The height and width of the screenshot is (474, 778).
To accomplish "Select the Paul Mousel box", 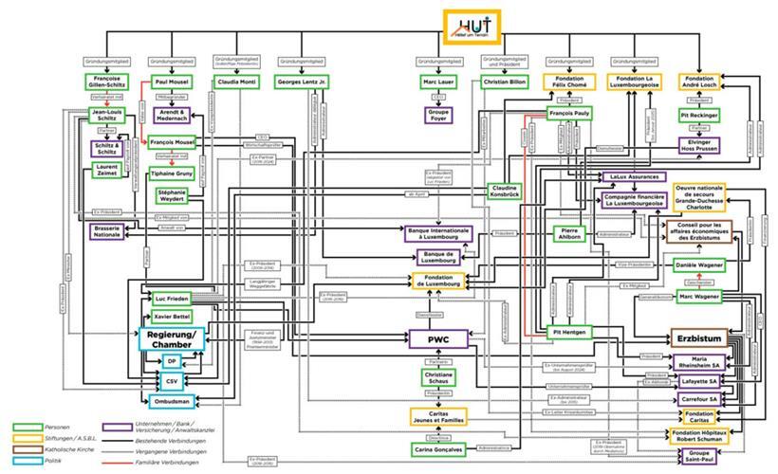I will coord(171,82).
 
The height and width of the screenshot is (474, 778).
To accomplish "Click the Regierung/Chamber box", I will coord(170,339).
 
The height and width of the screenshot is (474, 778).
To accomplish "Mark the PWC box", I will coord(438,337).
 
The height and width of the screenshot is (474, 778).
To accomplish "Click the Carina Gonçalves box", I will coord(439,447).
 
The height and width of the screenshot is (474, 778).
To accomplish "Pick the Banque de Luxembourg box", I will coord(439,256).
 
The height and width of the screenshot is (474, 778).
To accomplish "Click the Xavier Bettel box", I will coord(173,316).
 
